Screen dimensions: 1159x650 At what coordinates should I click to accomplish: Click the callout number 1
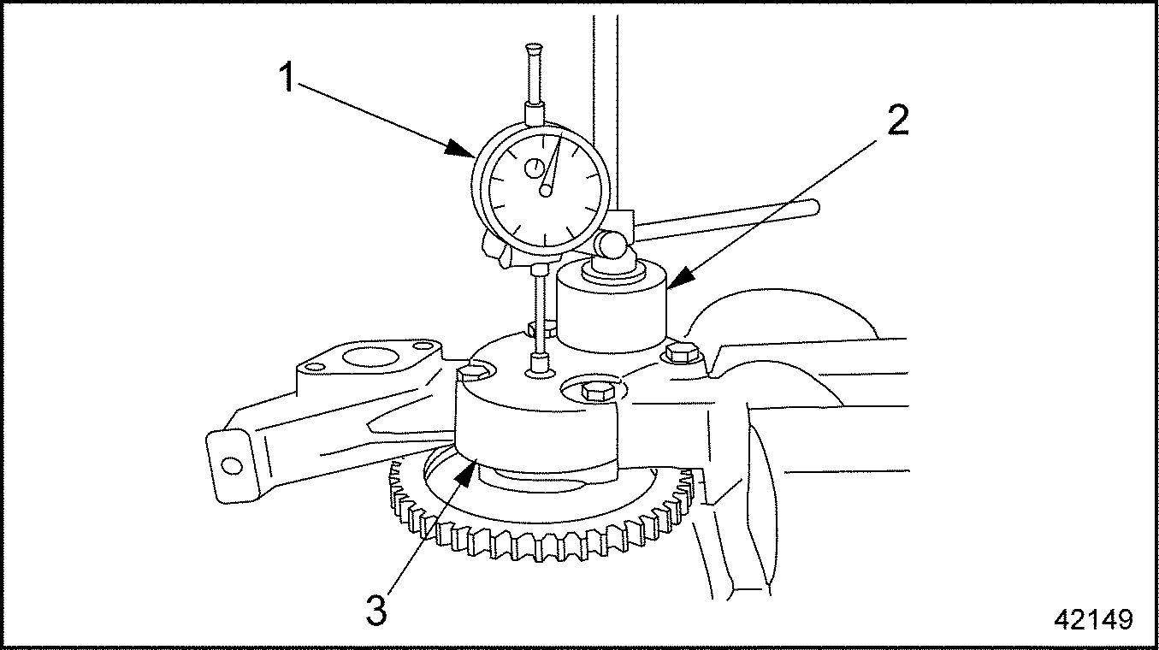coord(287,77)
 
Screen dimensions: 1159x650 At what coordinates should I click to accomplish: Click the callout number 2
coord(898,120)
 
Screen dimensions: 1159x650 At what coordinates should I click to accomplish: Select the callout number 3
coord(376,610)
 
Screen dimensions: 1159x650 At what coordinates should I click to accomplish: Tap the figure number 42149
coord(1093,619)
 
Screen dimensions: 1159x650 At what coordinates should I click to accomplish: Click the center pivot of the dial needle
coord(546,190)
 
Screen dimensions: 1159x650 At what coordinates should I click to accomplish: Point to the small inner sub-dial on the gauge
coord(534,168)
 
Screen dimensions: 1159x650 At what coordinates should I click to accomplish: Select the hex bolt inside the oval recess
coord(598,390)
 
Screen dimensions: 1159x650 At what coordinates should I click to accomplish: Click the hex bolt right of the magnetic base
coord(682,353)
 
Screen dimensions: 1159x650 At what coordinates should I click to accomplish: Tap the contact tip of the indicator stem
coord(540,364)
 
